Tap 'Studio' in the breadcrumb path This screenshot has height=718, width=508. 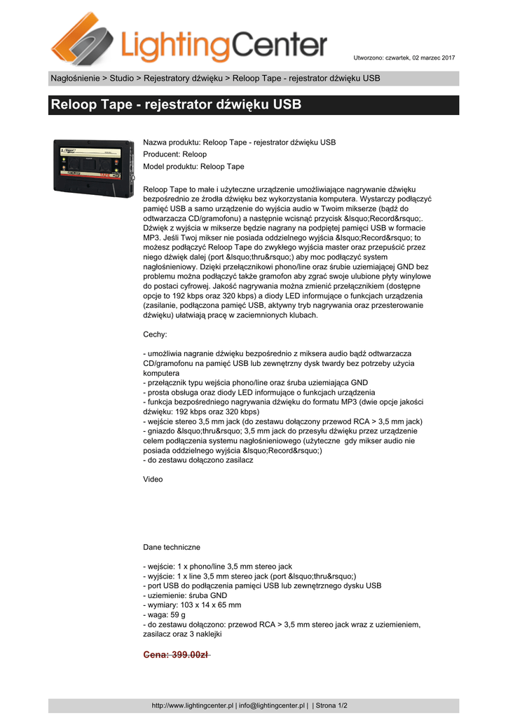[x=121, y=78]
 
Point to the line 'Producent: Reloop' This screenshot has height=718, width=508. [x=175, y=154]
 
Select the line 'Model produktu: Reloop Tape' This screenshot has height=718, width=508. [x=193, y=167]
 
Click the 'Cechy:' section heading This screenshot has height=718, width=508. [x=155, y=335]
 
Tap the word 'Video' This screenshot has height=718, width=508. [x=153, y=480]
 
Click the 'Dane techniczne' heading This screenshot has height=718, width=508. [x=172, y=547]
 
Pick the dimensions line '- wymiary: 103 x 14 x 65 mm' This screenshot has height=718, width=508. [x=192, y=604]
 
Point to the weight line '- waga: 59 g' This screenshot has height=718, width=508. [x=164, y=614]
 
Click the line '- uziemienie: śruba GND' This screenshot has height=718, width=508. [x=185, y=595]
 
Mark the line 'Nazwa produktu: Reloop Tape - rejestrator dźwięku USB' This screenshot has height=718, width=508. [x=240, y=142]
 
